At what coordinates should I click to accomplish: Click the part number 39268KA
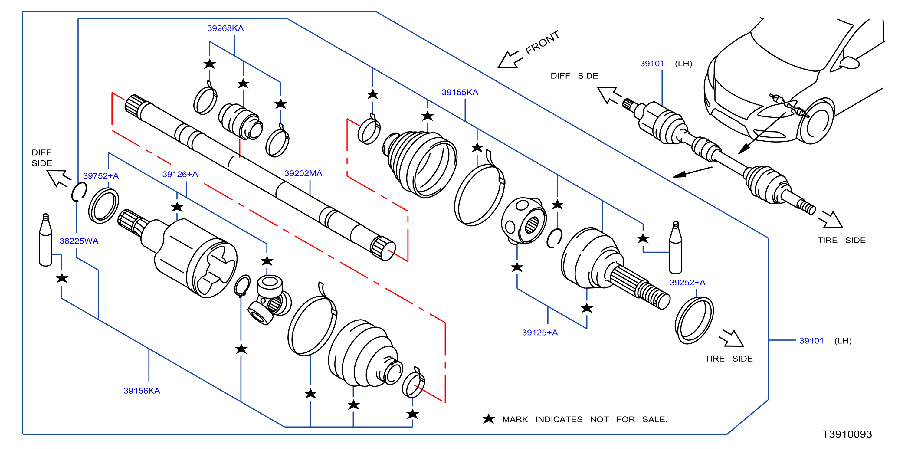coord(225,28)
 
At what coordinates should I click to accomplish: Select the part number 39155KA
coord(460,92)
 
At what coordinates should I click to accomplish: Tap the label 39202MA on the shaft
coord(303,173)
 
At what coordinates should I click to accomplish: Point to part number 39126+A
coord(180,174)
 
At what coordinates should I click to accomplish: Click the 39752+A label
coord(101,176)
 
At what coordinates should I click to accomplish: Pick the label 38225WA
coord(79,241)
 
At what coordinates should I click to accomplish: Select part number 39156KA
coord(142,391)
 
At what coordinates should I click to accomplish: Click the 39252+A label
coord(687,283)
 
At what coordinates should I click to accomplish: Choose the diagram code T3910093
coord(847,434)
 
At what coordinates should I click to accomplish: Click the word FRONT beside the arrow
coord(542,43)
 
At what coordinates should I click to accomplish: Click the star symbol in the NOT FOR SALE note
coord(489,419)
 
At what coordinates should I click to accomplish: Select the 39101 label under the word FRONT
coord(652,64)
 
